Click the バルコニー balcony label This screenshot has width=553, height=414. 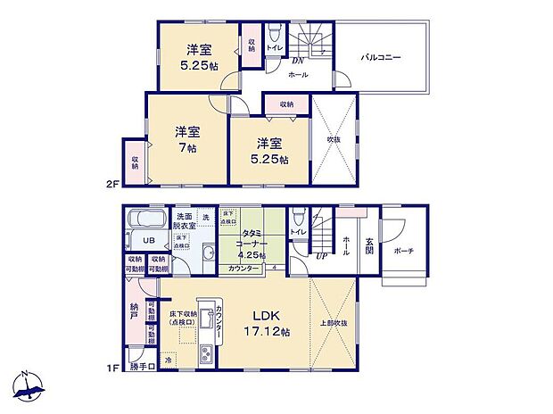click(x=381, y=57)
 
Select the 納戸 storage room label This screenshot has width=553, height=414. click(x=135, y=310)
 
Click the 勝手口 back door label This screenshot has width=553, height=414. click(x=142, y=366)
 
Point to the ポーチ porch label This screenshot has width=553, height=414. click(x=403, y=252)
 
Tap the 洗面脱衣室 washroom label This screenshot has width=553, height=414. click(x=185, y=221)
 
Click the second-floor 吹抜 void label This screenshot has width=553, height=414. click(x=334, y=140)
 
